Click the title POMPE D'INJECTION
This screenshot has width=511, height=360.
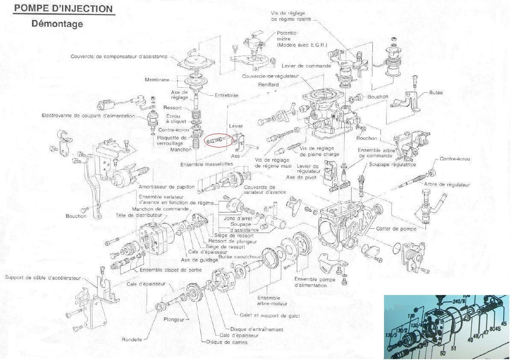point(64,8)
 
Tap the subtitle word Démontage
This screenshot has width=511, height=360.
point(57,24)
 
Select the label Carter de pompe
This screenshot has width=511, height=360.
point(396,229)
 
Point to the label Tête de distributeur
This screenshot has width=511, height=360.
point(139,215)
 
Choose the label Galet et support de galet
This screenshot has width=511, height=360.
point(270,316)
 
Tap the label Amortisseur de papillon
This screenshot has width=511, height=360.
point(167,187)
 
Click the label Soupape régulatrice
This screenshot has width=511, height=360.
point(392,164)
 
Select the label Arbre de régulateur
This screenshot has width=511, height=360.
point(447,185)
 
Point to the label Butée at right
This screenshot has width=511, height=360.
point(436,92)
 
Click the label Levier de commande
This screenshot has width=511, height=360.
point(306,66)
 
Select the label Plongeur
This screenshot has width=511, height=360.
point(174,319)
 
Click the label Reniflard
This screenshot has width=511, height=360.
point(269,85)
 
